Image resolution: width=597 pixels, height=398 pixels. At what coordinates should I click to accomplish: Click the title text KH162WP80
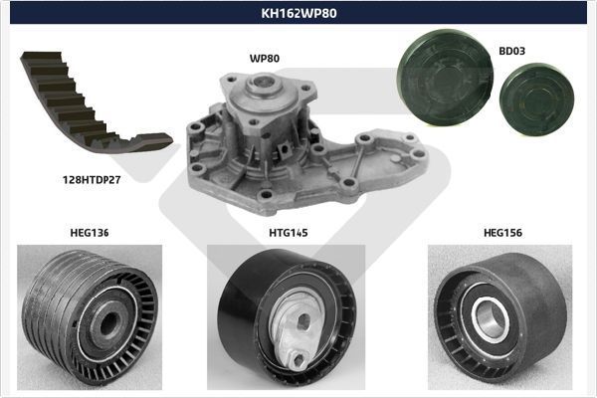298,13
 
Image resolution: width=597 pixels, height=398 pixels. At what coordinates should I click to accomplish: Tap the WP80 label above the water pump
265,59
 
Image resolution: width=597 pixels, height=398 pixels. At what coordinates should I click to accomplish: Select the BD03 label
511,51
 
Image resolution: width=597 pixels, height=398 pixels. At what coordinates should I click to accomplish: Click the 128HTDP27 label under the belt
92,180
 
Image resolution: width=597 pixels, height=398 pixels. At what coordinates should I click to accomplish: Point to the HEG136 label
90,233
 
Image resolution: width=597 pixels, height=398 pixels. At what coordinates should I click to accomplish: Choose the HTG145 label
289,233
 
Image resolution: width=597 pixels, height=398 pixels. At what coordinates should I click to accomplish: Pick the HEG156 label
502,233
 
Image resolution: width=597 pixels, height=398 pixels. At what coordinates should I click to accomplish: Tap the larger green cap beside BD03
445,78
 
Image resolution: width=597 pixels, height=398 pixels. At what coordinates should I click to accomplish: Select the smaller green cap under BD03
537,99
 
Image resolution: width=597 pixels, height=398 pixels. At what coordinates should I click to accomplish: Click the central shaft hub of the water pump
264,84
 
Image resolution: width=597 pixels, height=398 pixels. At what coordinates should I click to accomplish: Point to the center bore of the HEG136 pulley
107,322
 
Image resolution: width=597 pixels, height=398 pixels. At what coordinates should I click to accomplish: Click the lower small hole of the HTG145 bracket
298,359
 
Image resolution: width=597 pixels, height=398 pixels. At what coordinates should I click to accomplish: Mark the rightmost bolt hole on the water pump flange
418,153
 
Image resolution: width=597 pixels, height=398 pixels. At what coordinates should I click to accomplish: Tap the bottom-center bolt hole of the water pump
266,195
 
